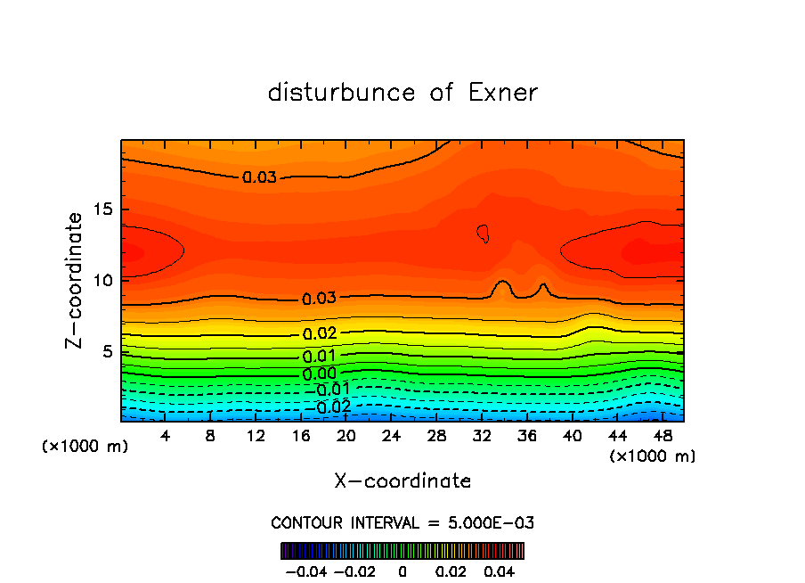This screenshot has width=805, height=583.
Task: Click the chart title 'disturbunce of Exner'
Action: pos(402,93)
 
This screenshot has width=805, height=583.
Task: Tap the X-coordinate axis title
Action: pos(402,481)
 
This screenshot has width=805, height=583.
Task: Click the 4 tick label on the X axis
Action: pos(166,437)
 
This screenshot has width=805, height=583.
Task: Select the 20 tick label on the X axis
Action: pos(346,437)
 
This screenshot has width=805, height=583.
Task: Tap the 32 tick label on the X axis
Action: pos(481,437)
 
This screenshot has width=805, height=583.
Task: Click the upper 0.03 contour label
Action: pos(259,177)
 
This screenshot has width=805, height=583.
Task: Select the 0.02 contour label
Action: pos(320,333)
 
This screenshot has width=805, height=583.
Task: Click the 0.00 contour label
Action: pos(320,374)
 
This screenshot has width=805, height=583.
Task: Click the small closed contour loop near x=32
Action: pos(484,234)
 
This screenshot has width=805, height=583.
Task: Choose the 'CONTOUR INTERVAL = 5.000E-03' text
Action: pos(402,522)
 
